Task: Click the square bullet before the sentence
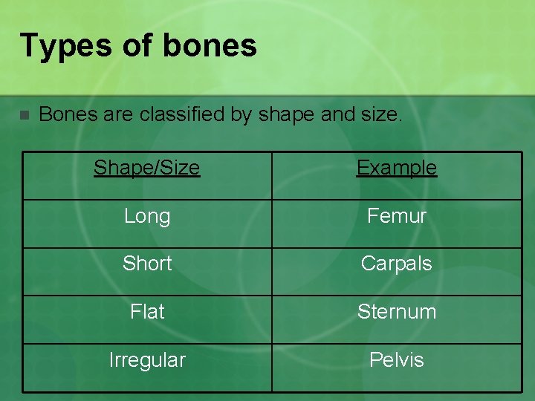pyautogui.click(x=24, y=115)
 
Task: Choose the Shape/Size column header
pyautogui.click(x=147, y=168)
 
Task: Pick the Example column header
pyautogui.click(x=397, y=168)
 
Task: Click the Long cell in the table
pyautogui.click(x=147, y=216)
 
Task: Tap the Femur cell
pyautogui.click(x=397, y=216)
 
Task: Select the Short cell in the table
pyautogui.click(x=147, y=264)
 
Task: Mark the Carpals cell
pyautogui.click(x=397, y=264)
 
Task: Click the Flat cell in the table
pyautogui.click(x=147, y=312)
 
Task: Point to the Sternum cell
pyautogui.click(x=397, y=312)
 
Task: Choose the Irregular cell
pyautogui.click(x=147, y=360)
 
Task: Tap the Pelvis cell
pyautogui.click(x=397, y=360)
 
